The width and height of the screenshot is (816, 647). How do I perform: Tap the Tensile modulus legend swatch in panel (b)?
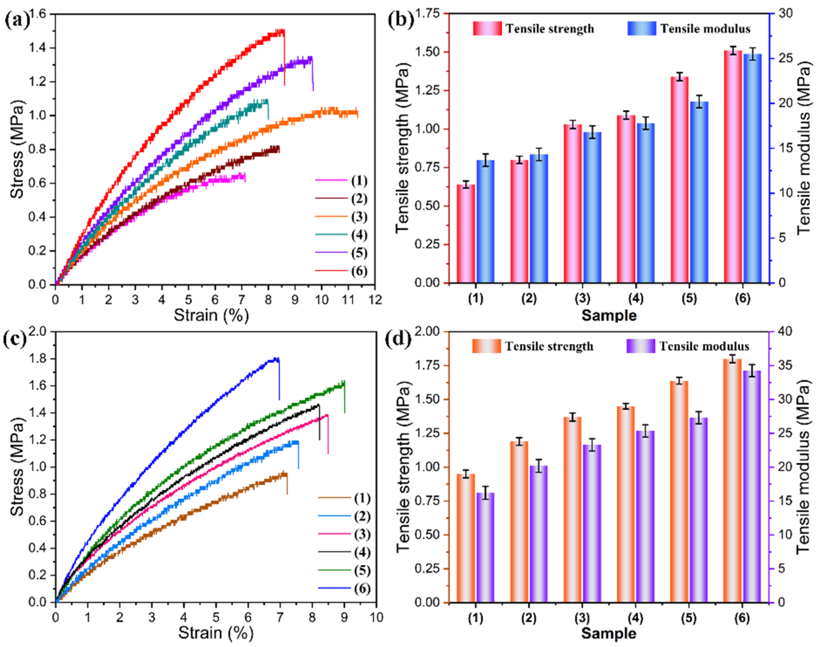click(x=641, y=28)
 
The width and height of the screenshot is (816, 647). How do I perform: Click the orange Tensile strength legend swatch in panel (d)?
click(x=486, y=346)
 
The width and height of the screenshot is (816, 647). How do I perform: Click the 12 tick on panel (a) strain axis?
click(x=375, y=300)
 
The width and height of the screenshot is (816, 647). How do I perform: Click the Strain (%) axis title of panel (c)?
click(x=215, y=633)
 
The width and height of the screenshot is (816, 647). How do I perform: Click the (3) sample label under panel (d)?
click(x=582, y=618)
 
